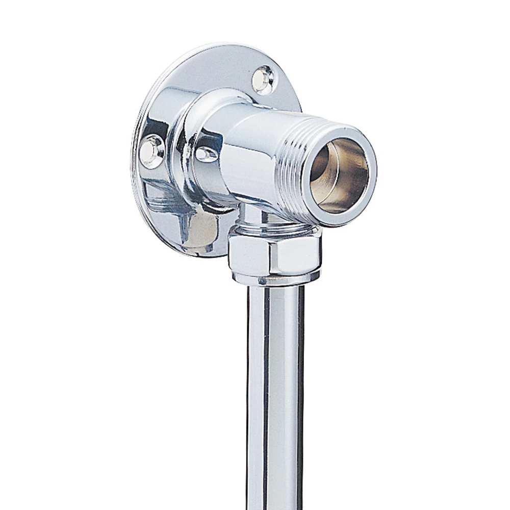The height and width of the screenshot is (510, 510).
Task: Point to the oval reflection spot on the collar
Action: (206, 154)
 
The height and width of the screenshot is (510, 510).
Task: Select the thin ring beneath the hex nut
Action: (275, 278)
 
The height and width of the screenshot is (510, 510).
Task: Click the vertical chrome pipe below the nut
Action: (275, 398)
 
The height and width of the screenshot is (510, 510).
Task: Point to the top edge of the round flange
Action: (214, 47)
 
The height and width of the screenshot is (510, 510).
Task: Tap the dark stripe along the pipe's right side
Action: (300, 398)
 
